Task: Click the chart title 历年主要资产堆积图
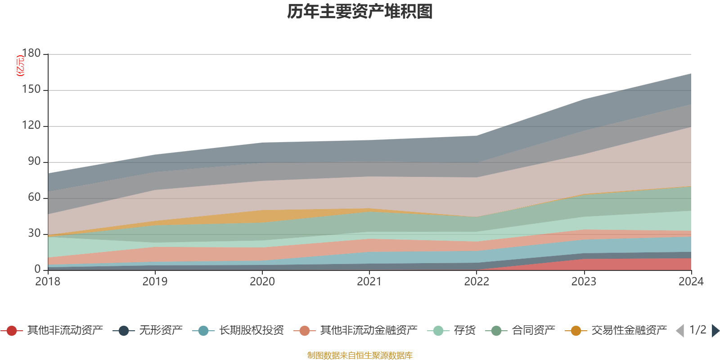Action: click(360, 12)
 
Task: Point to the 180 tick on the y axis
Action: click(31, 53)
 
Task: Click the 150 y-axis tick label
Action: click(31, 90)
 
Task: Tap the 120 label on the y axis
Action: click(31, 126)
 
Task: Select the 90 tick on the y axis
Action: click(34, 162)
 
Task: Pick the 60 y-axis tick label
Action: click(34, 197)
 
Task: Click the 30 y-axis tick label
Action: click(34, 233)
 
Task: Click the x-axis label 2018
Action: click(48, 282)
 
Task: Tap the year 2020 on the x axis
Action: click(262, 282)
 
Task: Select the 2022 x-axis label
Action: click(477, 282)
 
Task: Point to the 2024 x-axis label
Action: click(691, 282)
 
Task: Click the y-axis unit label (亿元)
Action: click(20, 66)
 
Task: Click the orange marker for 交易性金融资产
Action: click(576, 331)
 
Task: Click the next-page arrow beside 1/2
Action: click(715, 331)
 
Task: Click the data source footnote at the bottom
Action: click(360, 355)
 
